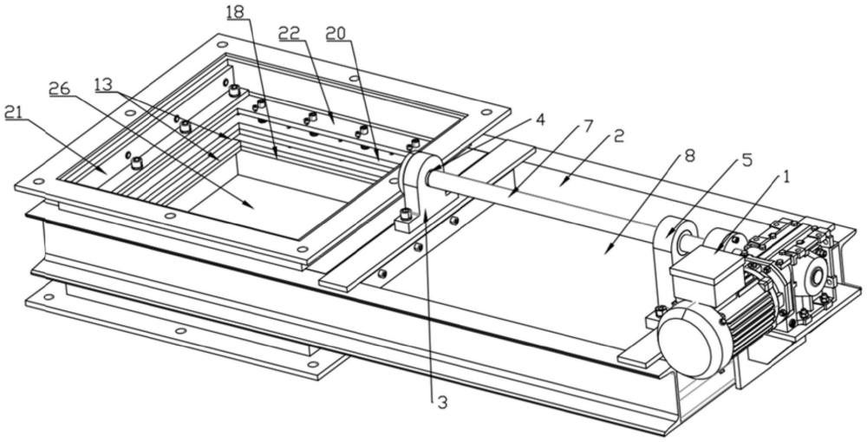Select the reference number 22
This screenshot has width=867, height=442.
click(289, 34)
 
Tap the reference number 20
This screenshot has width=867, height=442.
click(336, 34)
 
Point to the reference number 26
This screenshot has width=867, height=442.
click(59, 88)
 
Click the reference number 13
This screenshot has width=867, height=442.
click(103, 85)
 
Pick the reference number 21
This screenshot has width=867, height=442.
click(15, 112)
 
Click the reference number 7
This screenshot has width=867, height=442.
click(589, 127)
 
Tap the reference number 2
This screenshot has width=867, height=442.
click(619, 135)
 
